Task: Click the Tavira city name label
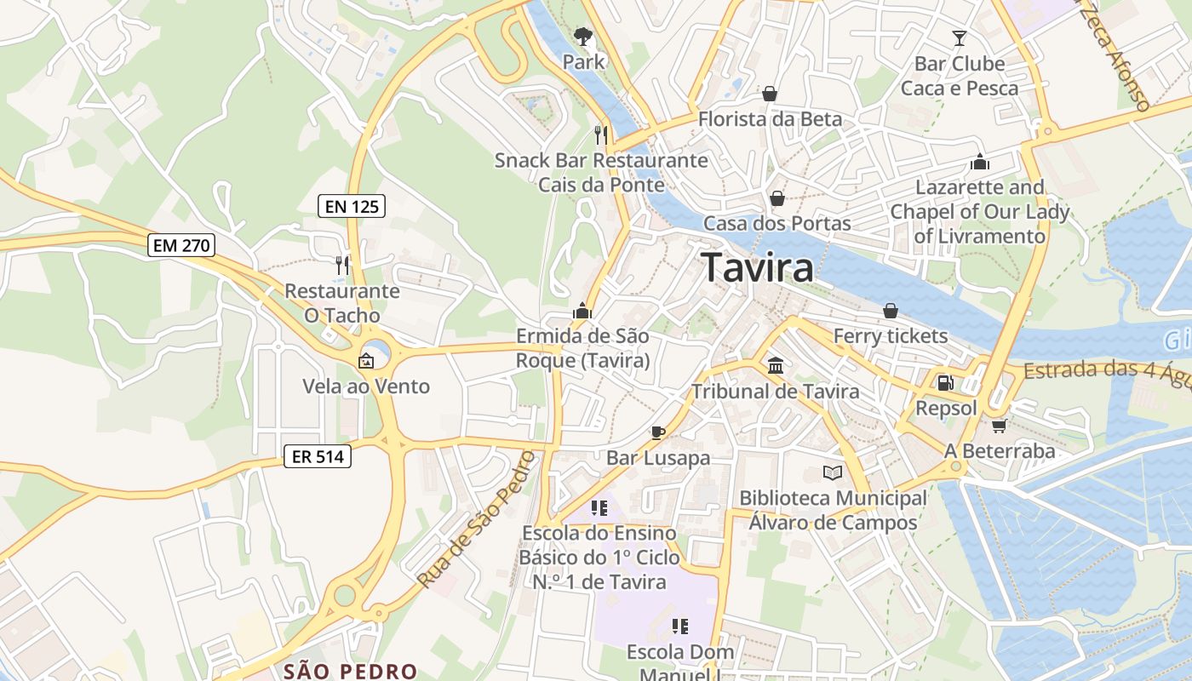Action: coord(757,268)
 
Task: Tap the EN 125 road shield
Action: coord(352,205)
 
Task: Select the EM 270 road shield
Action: coord(181,246)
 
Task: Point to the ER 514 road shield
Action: coord(318,457)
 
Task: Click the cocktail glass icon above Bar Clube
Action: coord(960,38)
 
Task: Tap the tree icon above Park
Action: coord(583,37)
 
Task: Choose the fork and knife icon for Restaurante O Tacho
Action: coord(342,265)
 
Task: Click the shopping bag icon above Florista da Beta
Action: coord(770,94)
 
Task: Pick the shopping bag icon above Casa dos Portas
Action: coord(777,199)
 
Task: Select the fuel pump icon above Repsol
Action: coord(945,383)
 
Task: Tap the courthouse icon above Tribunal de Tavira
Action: coord(776,366)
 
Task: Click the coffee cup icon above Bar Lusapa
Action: coord(657,432)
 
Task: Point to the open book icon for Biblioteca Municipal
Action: coord(832,472)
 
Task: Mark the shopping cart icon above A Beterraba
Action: coord(999,426)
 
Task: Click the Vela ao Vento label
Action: coord(366,386)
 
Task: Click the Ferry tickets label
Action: coord(890,336)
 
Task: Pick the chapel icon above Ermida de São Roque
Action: coord(582,311)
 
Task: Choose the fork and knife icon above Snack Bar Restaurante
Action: coord(601,134)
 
